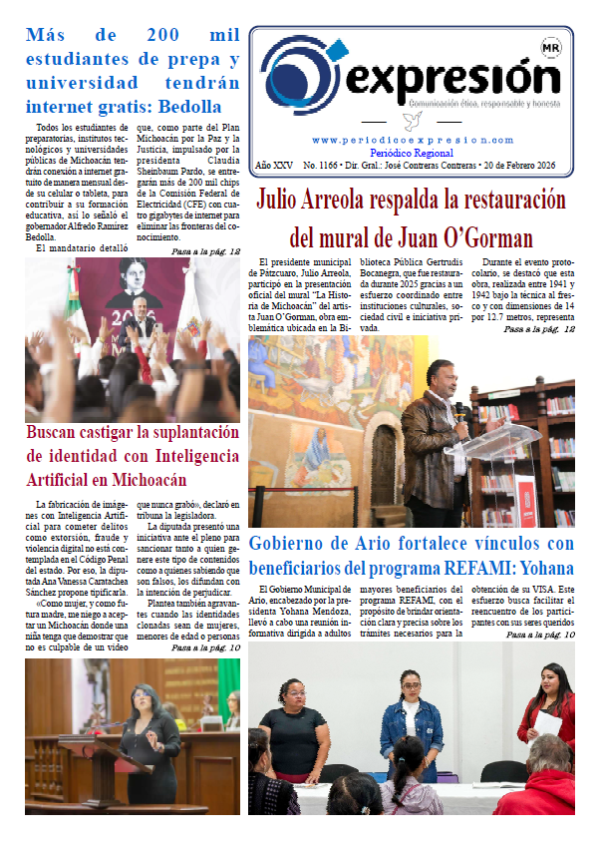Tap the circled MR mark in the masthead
pyautogui.click(x=549, y=47)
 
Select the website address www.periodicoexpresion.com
pyautogui.click(x=412, y=141)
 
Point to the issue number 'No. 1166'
pyautogui.click(x=321, y=163)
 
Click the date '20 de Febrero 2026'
pyautogui.click(x=525, y=163)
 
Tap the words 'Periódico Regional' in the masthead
pyautogui.click(x=413, y=152)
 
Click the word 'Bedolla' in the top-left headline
pyautogui.click(x=186, y=107)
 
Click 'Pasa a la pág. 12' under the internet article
pyautogui.click(x=206, y=251)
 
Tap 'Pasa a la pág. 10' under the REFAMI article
pyautogui.click(x=540, y=635)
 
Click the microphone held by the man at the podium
pyautogui.click(x=460, y=410)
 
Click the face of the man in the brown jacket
pyautogui.click(x=442, y=378)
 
